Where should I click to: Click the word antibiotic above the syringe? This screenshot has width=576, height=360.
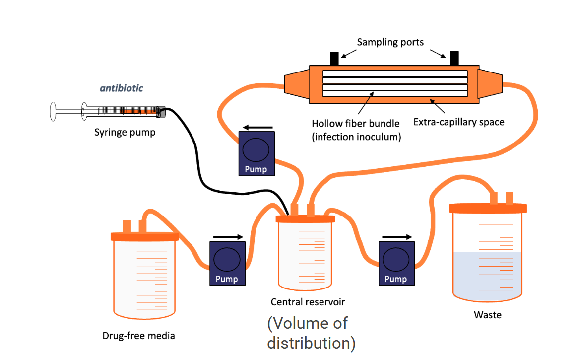click(x=122, y=88)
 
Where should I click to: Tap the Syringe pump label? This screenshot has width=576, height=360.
click(x=125, y=132)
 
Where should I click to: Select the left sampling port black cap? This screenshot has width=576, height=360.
click(x=334, y=58)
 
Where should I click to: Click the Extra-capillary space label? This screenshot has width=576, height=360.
click(x=459, y=122)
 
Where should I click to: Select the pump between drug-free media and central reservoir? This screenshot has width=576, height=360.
click(x=227, y=263)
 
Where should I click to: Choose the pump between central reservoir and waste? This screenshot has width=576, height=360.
click(x=395, y=263)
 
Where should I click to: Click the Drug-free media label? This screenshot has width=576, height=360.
click(x=138, y=336)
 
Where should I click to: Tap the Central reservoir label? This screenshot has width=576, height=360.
click(x=308, y=301)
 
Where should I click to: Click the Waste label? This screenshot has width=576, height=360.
click(x=487, y=315)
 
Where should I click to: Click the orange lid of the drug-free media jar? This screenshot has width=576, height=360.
click(x=144, y=236)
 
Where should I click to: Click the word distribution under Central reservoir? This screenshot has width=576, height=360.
click(x=311, y=343)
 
